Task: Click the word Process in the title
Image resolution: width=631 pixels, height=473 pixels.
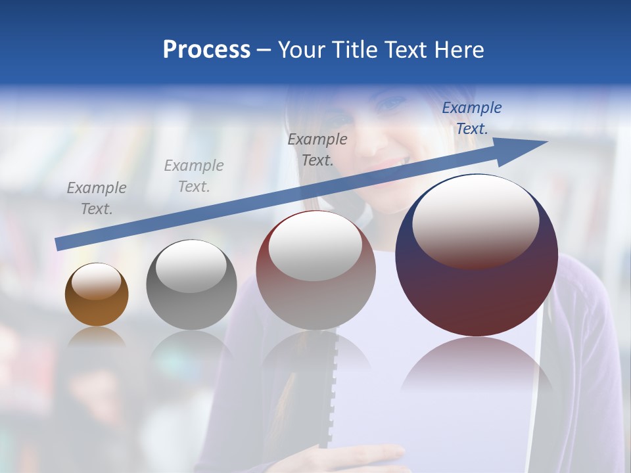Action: pyautogui.click(x=206, y=50)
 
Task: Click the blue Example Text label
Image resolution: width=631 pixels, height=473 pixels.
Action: pyautogui.click(x=472, y=118)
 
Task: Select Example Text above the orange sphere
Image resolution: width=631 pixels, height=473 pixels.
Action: pyautogui.click(x=97, y=198)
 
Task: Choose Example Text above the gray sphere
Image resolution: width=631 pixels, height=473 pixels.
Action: pyautogui.click(x=194, y=176)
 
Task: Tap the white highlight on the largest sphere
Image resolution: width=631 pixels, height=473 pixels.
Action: pyautogui.click(x=475, y=218)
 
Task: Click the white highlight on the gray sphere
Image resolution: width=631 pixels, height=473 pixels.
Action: pyautogui.click(x=191, y=265)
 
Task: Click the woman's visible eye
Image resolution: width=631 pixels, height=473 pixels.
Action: pyautogui.click(x=393, y=104)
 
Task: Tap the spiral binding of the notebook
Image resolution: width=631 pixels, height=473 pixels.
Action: pyautogui.click(x=334, y=388)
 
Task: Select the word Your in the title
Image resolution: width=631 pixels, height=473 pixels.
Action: pyautogui.click(x=302, y=50)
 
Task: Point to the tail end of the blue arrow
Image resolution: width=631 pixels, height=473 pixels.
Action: pyautogui.click(x=60, y=245)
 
